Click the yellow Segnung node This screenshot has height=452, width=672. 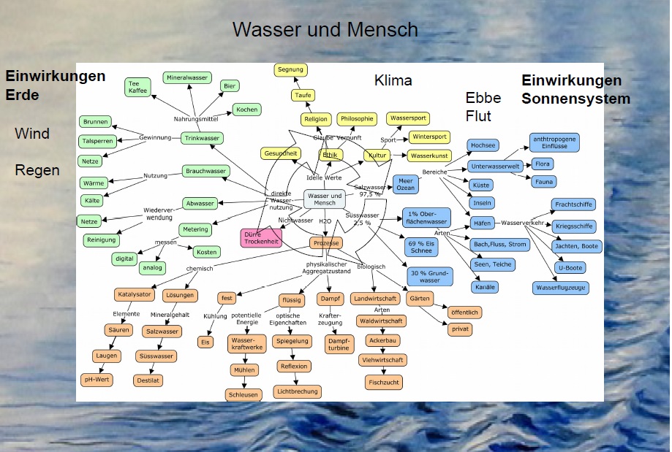290,70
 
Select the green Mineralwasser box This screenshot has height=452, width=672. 187,77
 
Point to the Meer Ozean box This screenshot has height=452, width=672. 406,184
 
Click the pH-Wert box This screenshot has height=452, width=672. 97,380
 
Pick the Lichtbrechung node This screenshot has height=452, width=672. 296,391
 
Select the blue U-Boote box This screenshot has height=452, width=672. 571,267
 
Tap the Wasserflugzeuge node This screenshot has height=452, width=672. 560,288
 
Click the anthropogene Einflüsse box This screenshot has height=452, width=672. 554,142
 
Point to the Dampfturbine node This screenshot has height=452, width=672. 339,344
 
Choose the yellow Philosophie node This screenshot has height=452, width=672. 356,118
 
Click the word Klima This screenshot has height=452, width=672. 393,80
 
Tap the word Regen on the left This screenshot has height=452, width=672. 37,170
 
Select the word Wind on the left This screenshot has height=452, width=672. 32,134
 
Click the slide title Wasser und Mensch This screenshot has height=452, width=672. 325,30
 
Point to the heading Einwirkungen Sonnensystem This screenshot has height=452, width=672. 575,90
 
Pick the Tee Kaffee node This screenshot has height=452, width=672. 137,88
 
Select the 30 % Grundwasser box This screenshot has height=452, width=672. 429,276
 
